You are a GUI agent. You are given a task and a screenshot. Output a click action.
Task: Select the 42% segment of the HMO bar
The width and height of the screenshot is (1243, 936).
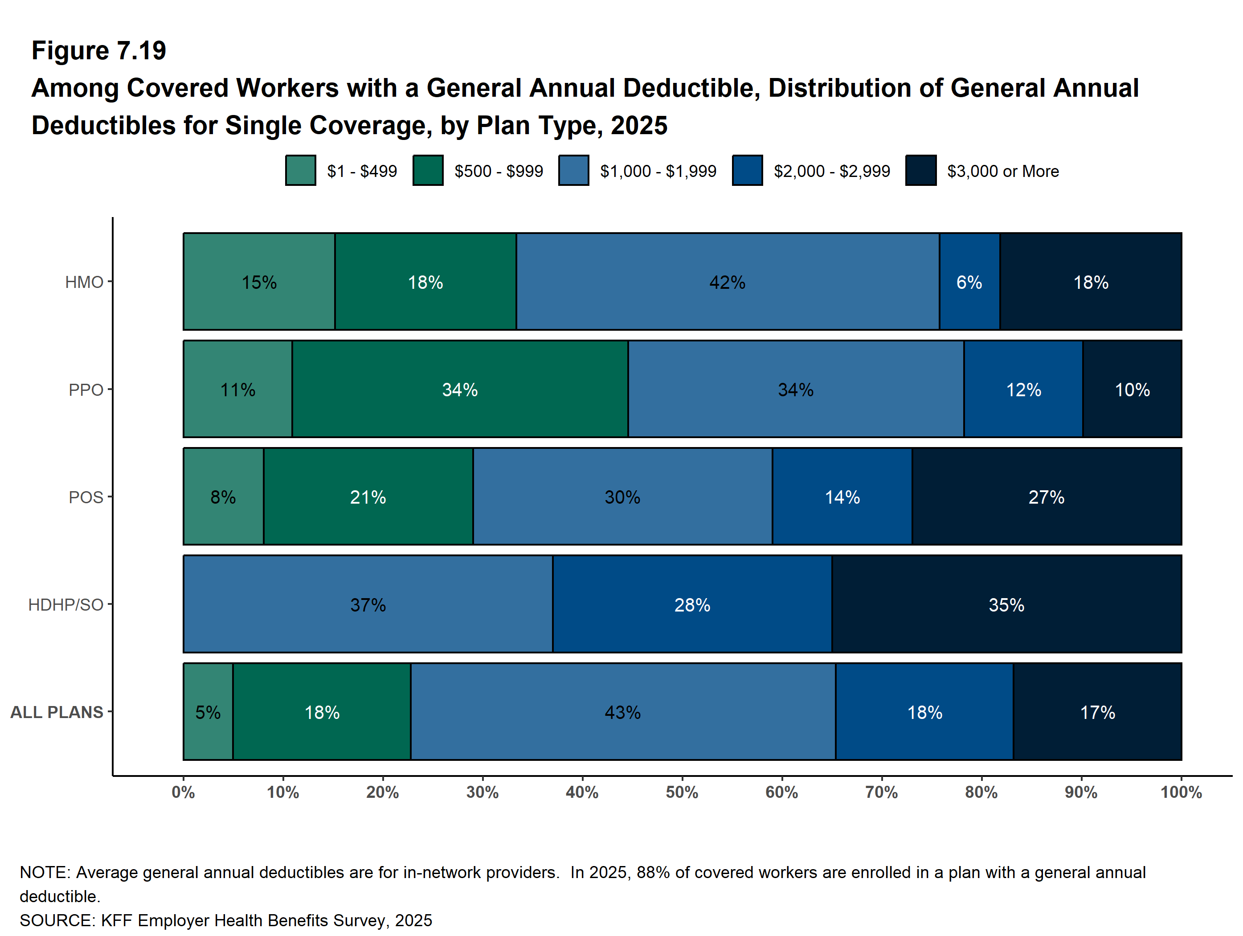pos(727,282)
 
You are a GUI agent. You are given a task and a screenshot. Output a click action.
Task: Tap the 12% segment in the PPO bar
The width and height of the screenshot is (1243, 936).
pos(1023,389)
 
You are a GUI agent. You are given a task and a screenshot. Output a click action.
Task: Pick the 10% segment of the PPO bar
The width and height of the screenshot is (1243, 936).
pos(1132,389)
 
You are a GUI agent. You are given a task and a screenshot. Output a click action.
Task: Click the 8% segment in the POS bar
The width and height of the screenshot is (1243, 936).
pos(223,497)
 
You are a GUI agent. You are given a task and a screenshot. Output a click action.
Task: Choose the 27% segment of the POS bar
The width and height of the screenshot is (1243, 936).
pos(1047,497)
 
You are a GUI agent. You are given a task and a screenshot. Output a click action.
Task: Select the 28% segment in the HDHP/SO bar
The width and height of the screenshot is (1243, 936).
pos(692,605)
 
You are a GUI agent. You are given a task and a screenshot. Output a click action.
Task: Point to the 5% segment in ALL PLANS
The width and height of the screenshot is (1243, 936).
pos(208,712)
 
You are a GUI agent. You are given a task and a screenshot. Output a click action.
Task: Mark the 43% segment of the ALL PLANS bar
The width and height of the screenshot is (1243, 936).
pos(623,712)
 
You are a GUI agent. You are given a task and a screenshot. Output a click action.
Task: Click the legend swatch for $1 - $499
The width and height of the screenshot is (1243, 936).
pos(300,170)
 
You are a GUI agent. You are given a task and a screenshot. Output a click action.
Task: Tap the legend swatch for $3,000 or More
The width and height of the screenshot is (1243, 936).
pos(920,170)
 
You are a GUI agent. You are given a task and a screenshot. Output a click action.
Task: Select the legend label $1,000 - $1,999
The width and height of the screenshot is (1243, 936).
pos(658,171)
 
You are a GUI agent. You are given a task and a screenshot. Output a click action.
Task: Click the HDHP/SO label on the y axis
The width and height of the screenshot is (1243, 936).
pos(66,605)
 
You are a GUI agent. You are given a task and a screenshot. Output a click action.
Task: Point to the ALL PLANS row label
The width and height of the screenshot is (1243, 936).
pos(57,712)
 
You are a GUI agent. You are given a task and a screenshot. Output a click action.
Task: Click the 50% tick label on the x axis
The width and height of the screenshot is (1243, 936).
pos(682,792)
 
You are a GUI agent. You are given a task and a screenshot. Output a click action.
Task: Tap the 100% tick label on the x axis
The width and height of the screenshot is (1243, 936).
pos(1181,792)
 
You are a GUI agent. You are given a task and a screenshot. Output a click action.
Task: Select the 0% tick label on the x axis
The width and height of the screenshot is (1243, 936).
pos(183,792)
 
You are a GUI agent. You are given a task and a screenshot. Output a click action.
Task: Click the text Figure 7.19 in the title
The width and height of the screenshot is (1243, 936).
pos(99,51)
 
